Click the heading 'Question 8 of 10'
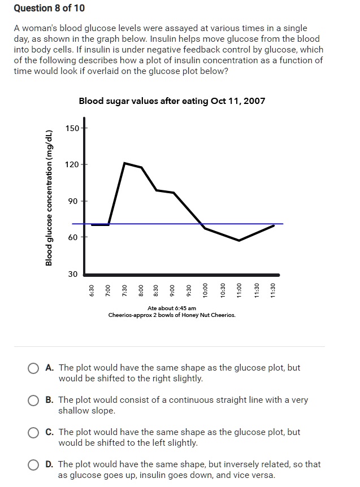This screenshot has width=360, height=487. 49,8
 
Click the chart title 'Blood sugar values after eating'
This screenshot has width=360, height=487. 172,101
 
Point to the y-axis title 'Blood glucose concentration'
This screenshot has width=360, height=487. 49,198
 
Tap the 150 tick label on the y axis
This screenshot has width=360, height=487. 72,128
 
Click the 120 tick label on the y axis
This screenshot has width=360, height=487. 72,164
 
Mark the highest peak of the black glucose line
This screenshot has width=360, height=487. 124,163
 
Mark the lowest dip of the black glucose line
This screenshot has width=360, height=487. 239,241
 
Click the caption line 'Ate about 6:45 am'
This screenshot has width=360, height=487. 172,308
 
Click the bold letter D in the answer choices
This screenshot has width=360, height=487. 49,464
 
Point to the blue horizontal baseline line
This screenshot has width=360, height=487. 254,224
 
